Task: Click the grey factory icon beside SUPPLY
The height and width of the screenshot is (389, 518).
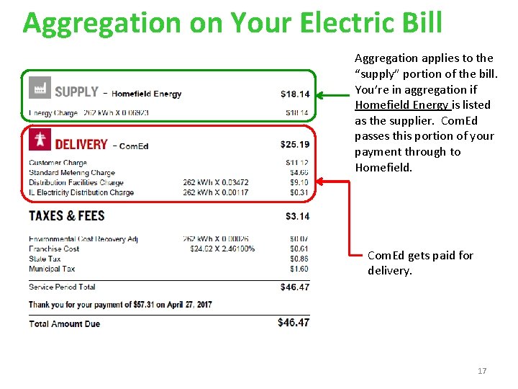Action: pos(40,88)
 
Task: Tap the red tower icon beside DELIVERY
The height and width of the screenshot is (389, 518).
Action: pos(40,141)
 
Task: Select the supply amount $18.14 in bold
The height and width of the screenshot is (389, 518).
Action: pos(295,94)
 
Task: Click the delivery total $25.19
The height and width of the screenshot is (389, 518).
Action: pos(295,145)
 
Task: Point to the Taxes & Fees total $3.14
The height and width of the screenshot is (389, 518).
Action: pos(297,216)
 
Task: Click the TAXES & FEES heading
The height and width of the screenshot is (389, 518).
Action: pos(66,216)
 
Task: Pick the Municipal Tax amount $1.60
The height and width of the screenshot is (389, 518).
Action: pos(299,269)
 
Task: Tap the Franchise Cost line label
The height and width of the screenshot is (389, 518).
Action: pos(54,249)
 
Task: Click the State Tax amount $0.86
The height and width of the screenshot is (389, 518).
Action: pos(299,259)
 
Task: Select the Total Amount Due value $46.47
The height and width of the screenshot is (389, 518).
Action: pos(294,323)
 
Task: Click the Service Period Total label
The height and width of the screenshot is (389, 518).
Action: pos(62,287)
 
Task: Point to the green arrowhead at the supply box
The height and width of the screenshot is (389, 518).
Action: pos(323,94)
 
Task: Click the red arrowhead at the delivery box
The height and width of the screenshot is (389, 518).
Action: pos(323,182)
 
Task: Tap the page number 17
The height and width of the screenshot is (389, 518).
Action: pos(482,371)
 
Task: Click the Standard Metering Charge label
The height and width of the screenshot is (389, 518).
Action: pos(72,173)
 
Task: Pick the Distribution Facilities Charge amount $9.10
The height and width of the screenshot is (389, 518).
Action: pos(299,183)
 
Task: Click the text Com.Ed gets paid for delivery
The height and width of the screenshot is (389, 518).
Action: pos(420,263)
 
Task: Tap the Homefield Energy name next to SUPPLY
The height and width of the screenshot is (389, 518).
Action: pos(147,94)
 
